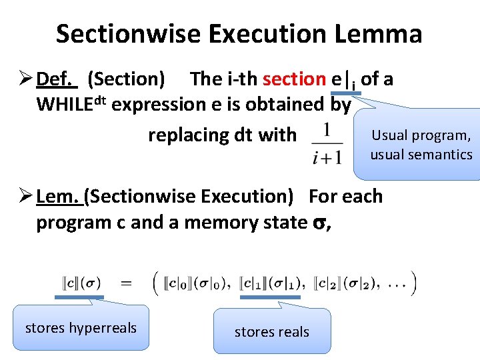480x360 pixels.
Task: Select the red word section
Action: pos(294,79)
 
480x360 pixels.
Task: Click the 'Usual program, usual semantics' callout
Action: pos(421,145)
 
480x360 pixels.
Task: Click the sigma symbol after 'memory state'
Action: pos(318,223)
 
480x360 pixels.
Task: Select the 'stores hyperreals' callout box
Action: pos(81,328)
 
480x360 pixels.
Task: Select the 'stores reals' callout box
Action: pos(272,331)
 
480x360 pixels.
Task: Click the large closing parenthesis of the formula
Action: pos(414,283)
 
